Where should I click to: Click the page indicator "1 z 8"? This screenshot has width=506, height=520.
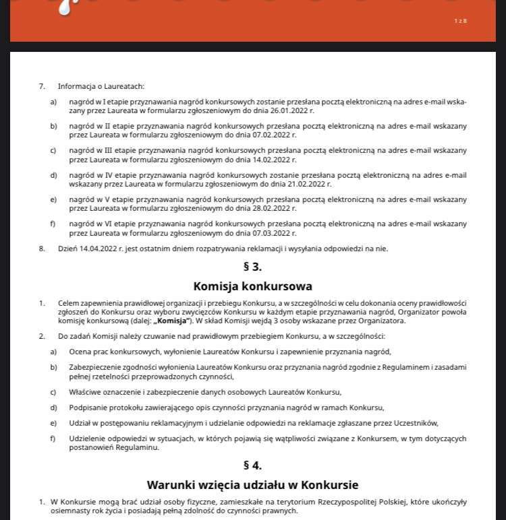[461, 21]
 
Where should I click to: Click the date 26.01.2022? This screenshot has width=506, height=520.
[297, 110]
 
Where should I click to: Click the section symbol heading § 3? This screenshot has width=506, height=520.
[252, 267]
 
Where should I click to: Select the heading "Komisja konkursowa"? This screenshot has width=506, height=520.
[252, 286]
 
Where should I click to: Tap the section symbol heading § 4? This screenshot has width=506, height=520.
[252, 465]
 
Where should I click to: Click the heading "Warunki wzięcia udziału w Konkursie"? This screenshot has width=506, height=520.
[252, 485]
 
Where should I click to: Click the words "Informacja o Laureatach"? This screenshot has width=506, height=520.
[101, 86]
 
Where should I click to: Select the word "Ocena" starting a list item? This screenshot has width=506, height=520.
[80, 352]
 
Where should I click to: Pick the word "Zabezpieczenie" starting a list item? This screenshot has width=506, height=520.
[94, 367]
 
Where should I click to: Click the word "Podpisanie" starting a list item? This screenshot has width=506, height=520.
[88, 408]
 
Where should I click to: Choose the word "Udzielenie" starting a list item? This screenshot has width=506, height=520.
[88, 438]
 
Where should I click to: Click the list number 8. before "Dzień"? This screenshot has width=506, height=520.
[42, 249]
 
